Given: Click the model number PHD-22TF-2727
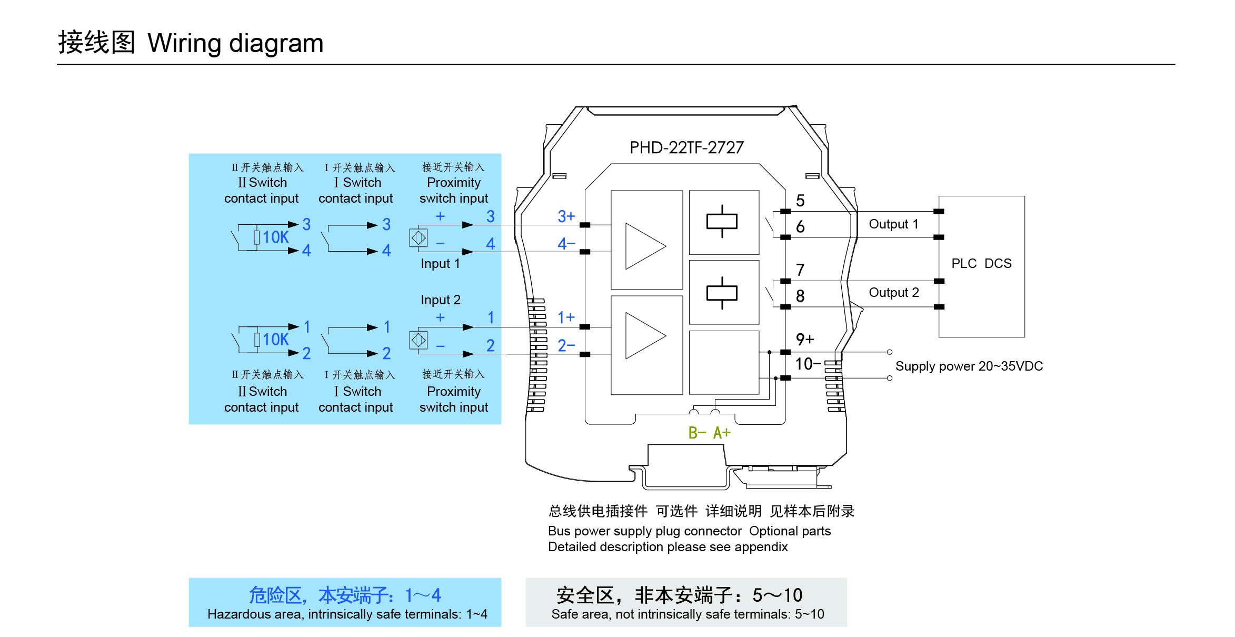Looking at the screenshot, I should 686,147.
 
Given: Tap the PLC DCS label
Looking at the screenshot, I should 981,263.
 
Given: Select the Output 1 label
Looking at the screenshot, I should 893,224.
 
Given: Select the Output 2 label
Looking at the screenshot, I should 893,293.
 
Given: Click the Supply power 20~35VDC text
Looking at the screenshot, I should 969,366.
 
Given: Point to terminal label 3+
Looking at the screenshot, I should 566,216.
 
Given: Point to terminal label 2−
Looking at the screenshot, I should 566,345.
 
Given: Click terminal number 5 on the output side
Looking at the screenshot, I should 800,201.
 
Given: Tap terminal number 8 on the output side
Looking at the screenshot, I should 800,296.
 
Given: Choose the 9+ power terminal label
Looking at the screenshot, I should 805,340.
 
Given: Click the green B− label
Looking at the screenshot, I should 697,433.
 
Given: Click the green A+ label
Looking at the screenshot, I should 722,433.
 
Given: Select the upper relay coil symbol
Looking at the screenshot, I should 722,222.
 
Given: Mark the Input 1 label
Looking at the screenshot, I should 440,264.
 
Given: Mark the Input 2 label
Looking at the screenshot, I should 440,300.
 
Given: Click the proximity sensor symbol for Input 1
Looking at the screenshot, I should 419,238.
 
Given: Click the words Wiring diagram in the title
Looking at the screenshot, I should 235,43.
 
